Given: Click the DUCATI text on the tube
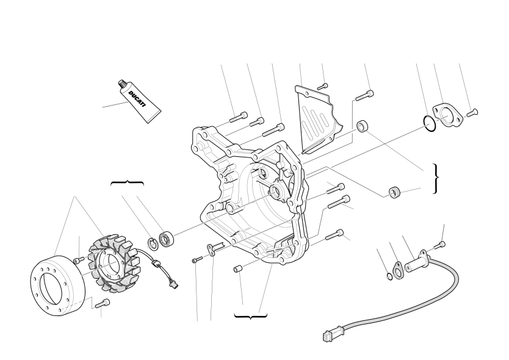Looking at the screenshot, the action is (x=137, y=98).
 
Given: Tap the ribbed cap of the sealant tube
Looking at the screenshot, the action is (x=123, y=84).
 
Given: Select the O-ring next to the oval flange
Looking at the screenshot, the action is (x=430, y=124).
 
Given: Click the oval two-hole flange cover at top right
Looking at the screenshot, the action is (x=447, y=115).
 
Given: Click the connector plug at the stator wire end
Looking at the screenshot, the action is (x=174, y=285).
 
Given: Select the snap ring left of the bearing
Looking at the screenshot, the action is (x=153, y=244).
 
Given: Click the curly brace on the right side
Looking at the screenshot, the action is (x=436, y=179).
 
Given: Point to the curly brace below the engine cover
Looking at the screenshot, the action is (x=251, y=316).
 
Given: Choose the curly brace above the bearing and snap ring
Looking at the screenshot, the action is (x=127, y=183).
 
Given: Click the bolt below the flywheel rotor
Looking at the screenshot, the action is (x=103, y=304).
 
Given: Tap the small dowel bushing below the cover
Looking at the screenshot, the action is (x=237, y=269).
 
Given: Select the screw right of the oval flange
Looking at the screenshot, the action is (x=472, y=113).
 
